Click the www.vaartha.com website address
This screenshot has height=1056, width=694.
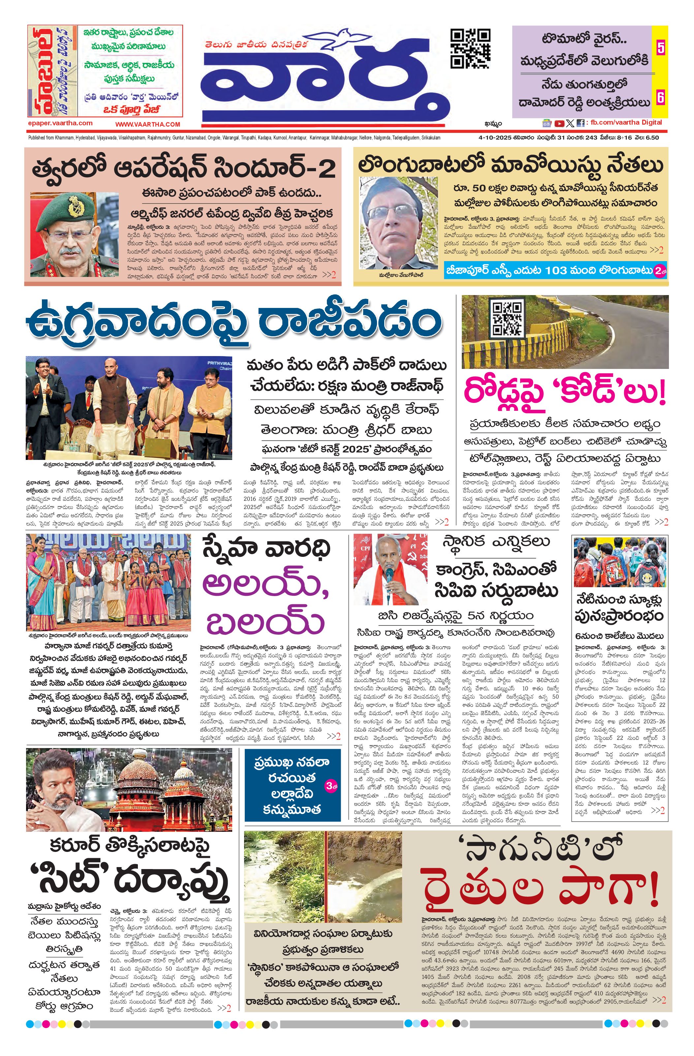[148, 125]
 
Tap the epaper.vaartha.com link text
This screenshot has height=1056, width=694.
[60, 124]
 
